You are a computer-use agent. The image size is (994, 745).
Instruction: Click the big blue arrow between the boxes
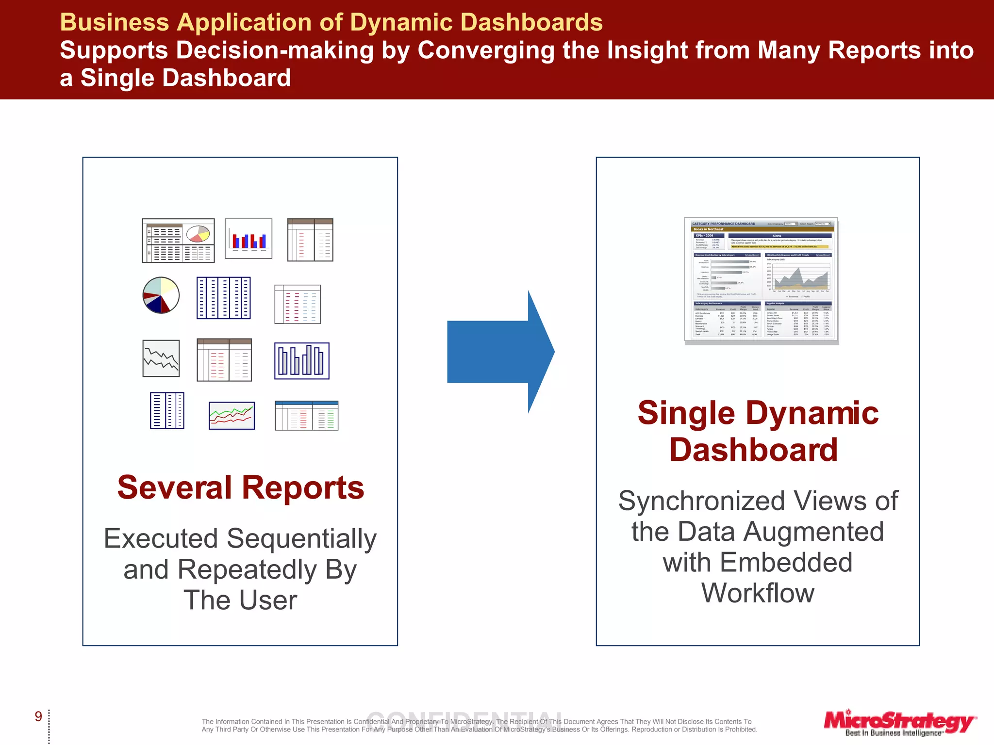[x=500, y=352]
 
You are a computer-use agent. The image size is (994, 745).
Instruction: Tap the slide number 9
[x=38, y=716]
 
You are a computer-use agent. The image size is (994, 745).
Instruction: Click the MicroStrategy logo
[x=899, y=723]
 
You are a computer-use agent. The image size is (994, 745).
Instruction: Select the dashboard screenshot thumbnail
[x=761, y=281]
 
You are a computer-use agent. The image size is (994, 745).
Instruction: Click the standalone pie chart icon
[x=161, y=295]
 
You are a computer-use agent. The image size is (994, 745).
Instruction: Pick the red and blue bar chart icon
[x=248, y=239]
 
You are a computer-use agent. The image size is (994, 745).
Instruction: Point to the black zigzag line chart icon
[x=161, y=358]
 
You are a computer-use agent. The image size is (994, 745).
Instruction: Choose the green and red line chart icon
[x=232, y=416]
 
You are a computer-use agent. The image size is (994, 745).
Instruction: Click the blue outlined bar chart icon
[x=302, y=361]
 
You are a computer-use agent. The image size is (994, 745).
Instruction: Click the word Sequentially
[x=301, y=538]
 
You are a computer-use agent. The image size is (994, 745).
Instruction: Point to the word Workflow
[x=758, y=593]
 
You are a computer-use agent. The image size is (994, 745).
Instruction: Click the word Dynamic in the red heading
[x=812, y=413]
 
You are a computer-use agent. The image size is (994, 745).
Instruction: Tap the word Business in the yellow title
[x=115, y=22]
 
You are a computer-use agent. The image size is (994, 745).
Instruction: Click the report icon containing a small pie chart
[x=178, y=241]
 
